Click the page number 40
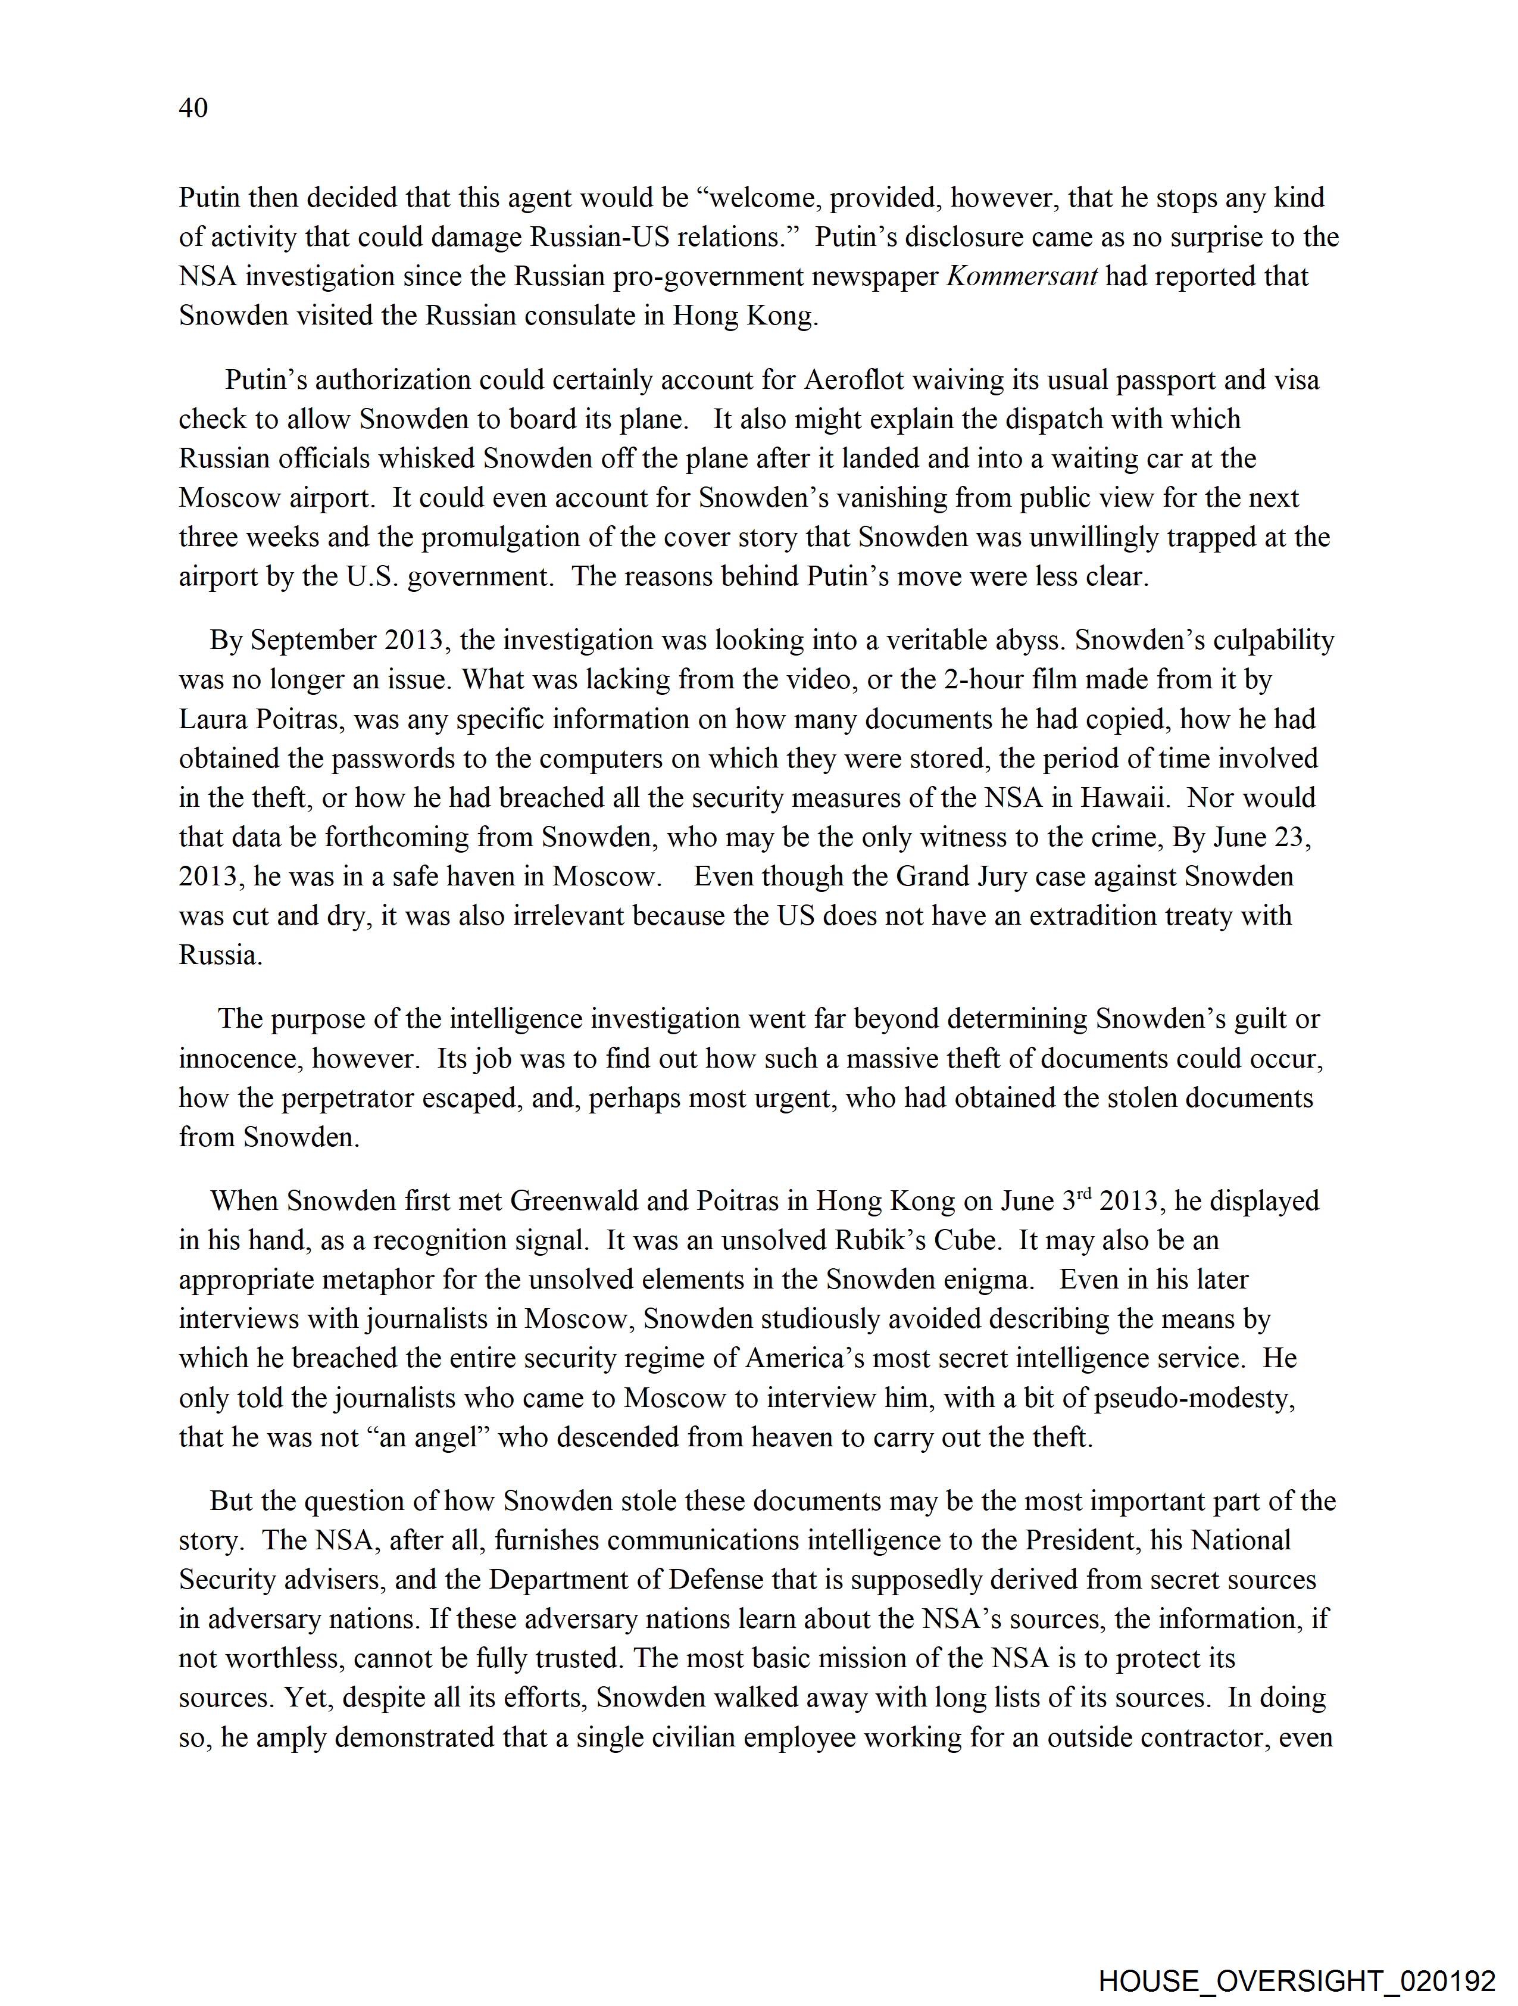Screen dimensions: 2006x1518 point(193,108)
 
